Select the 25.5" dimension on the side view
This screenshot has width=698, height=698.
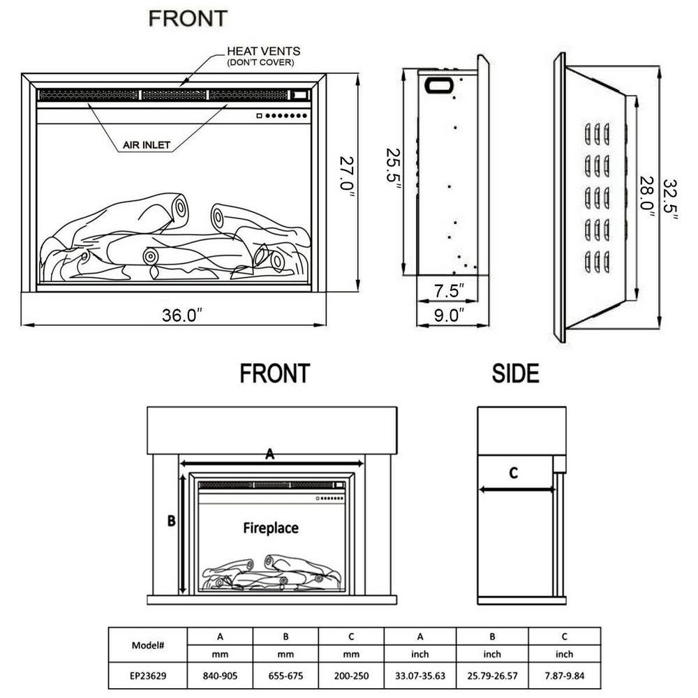click(396, 165)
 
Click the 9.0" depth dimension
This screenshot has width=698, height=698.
click(448, 315)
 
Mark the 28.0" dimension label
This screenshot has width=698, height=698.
click(648, 198)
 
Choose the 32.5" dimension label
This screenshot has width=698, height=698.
click(671, 198)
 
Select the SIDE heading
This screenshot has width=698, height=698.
click(515, 374)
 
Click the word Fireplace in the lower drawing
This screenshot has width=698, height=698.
click(270, 528)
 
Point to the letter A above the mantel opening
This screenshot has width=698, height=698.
click(269, 454)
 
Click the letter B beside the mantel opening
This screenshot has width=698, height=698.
click(170, 520)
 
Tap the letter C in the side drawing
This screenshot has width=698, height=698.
click(513, 473)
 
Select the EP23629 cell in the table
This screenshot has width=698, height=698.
click(148, 676)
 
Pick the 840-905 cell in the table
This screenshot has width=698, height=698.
click(220, 676)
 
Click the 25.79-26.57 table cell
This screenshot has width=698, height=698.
click(492, 676)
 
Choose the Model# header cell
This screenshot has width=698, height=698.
click(148, 646)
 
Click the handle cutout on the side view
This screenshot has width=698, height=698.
click(440, 84)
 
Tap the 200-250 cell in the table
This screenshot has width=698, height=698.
click(351, 676)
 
